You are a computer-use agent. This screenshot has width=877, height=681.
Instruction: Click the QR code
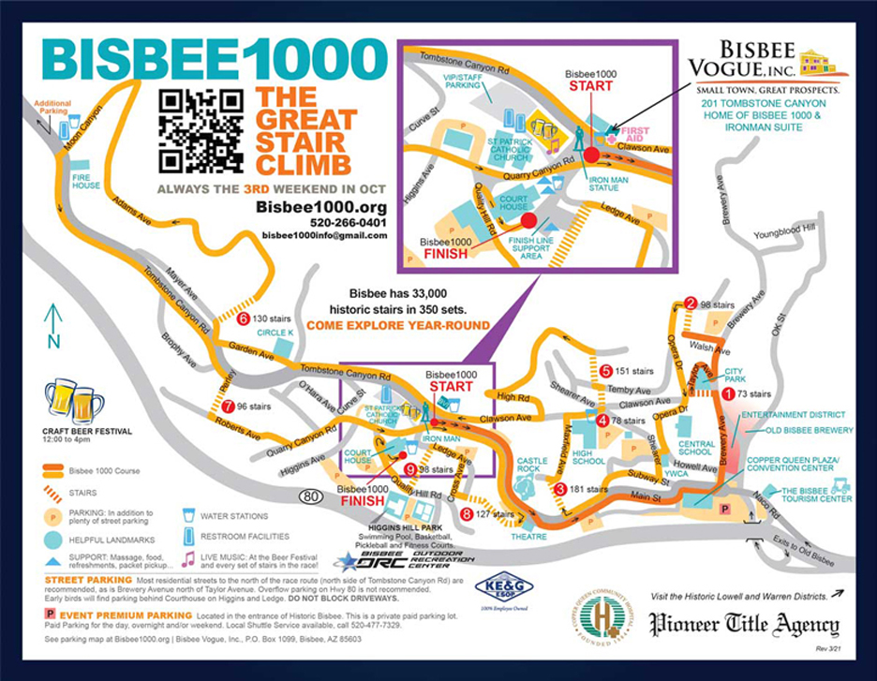(x=201, y=131)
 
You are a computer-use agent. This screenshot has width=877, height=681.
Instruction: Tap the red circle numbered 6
(x=244, y=318)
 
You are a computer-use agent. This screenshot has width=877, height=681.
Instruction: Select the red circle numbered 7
(x=228, y=406)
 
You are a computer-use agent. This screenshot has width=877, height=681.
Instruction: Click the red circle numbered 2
(x=691, y=303)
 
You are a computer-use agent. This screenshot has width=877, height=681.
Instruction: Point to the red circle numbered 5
(x=606, y=371)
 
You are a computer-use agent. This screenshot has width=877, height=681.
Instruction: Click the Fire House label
(x=85, y=185)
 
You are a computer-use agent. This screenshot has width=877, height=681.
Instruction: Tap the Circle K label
(x=275, y=333)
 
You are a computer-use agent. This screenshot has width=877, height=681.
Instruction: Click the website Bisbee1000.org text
(x=308, y=206)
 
